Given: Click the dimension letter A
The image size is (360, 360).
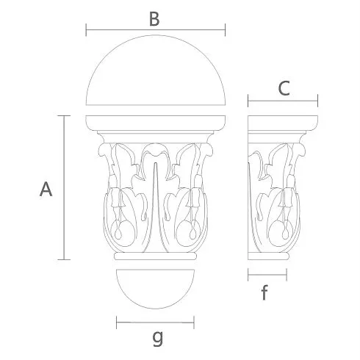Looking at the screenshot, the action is click(x=46, y=189).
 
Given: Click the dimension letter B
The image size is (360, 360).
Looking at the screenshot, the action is click(x=154, y=19).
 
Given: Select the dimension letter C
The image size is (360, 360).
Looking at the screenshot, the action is click(x=284, y=88).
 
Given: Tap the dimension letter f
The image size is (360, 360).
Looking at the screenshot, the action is click(x=264, y=292).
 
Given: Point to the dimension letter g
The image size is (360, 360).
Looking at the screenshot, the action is click(x=157, y=338).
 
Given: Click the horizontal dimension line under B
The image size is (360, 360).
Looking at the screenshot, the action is click(x=156, y=30).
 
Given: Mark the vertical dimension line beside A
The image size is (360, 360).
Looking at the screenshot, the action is click(x=64, y=187).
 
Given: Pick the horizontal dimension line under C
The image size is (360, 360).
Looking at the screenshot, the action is click(x=283, y=101).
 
